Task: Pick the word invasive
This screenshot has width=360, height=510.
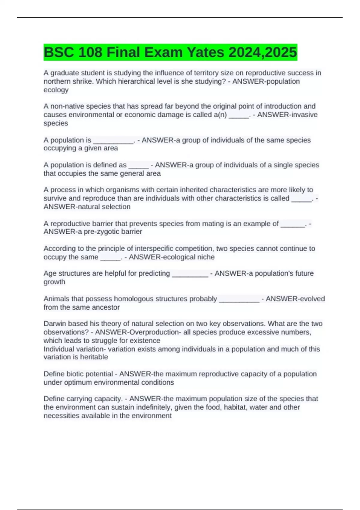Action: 303,115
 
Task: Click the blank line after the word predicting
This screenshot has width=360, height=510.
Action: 190,274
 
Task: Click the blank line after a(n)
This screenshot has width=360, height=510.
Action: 239,115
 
